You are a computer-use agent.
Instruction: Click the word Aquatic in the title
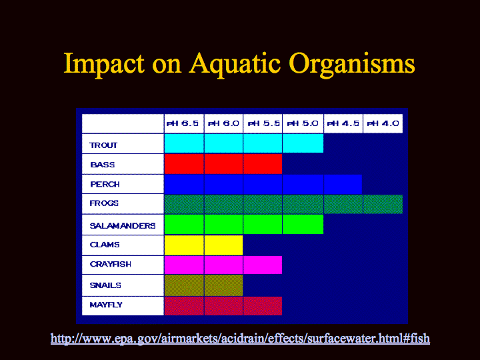(235, 64)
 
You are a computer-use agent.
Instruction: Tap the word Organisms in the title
(352, 64)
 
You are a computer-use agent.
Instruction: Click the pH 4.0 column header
(383, 124)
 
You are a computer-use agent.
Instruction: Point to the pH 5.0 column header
(303, 124)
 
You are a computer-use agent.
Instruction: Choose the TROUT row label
(103, 145)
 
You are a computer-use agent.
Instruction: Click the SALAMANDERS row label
(123, 226)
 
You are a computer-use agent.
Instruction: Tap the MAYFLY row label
(106, 305)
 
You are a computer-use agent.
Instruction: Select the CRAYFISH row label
(111, 264)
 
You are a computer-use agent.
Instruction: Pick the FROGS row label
(104, 203)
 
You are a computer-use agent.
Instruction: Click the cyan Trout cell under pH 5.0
(303, 143)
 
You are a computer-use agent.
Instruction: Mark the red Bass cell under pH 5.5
(263, 164)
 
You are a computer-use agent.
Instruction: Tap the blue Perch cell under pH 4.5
(343, 184)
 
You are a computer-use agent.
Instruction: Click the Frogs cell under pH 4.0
(383, 204)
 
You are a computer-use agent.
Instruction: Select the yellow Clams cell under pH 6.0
(223, 245)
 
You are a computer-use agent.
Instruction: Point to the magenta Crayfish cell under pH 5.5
(263, 265)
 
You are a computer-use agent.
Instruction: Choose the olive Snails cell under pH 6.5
(184, 285)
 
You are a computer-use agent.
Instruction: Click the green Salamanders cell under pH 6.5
(184, 225)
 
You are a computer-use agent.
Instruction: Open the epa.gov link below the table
(240, 339)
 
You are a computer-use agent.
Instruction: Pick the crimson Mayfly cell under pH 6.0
(223, 306)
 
